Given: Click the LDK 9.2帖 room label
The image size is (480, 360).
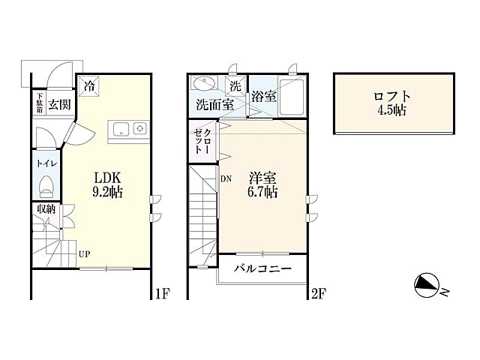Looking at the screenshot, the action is click(x=108, y=184).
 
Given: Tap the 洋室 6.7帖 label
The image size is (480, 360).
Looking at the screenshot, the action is click(x=263, y=184).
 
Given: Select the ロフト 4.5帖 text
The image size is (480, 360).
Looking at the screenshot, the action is click(x=391, y=103).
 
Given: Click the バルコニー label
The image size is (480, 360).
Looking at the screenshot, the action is click(x=263, y=268).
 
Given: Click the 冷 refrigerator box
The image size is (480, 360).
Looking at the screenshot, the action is click(x=89, y=86).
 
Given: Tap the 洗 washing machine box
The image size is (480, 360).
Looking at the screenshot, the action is click(x=235, y=86).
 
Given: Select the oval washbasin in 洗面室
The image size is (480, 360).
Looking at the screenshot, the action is click(x=203, y=83).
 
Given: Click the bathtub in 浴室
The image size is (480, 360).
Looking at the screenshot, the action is click(x=291, y=97).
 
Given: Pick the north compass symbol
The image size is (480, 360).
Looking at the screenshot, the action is click(x=425, y=285).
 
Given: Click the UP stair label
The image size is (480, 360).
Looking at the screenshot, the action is click(x=84, y=254).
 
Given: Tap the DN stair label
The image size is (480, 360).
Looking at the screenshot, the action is click(x=226, y=179).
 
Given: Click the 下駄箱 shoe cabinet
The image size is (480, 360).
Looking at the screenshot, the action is click(x=40, y=103).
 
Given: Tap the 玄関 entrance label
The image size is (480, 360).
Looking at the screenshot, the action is click(x=59, y=105).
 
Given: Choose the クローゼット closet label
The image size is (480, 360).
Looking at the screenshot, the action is click(x=202, y=142).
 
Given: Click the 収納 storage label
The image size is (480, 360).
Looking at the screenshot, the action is click(x=46, y=209).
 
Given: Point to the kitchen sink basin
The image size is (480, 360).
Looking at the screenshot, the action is click(x=121, y=130).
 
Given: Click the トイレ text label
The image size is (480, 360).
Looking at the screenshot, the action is click(x=46, y=164).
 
